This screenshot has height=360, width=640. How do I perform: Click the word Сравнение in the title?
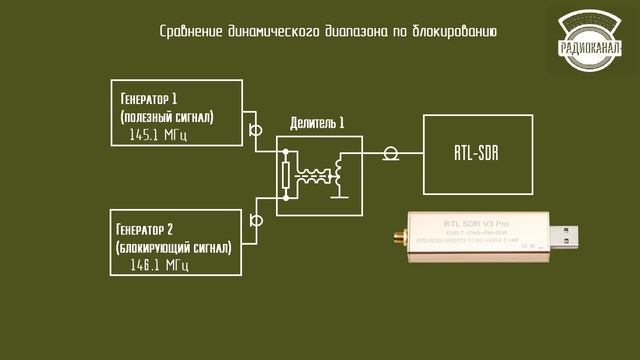click(x=190, y=31)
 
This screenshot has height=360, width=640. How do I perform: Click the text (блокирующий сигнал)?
click(x=175, y=246)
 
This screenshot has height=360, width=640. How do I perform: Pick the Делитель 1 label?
click(x=317, y=123)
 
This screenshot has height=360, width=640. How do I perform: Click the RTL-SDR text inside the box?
click(x=477, y=155)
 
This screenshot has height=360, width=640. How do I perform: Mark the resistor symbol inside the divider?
click(x=287, y=176)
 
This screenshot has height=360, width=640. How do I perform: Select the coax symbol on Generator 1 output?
click(x=256, y=130)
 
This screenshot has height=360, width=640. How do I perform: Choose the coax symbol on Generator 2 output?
click(x=256, y=220)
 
